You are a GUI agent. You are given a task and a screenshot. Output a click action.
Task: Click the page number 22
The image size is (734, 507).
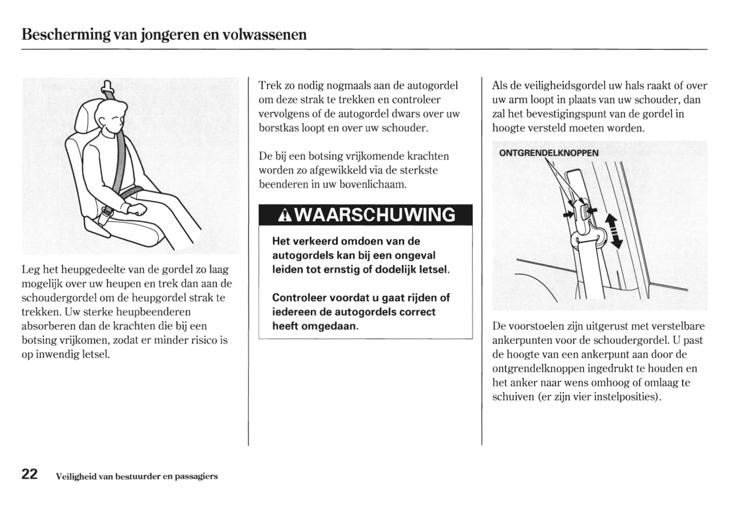[x=29, y=474]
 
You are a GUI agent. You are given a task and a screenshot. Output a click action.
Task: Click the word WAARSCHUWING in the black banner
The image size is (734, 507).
[x=375, y=215]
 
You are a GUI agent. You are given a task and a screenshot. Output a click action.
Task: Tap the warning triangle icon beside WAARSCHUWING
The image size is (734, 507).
[x=284, y=216]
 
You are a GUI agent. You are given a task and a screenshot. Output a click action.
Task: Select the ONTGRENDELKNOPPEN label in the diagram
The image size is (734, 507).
[x=549, y=153]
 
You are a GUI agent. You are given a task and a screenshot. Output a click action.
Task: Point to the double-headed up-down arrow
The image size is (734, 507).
[x=613, y=231]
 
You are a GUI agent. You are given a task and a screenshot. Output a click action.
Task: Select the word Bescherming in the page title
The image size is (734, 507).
[x=66, y=35]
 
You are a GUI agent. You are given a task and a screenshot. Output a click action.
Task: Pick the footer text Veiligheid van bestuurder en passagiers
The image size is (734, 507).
[x=137, y=477]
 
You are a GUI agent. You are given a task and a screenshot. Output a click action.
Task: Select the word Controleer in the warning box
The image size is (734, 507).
[x=299, y=298]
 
